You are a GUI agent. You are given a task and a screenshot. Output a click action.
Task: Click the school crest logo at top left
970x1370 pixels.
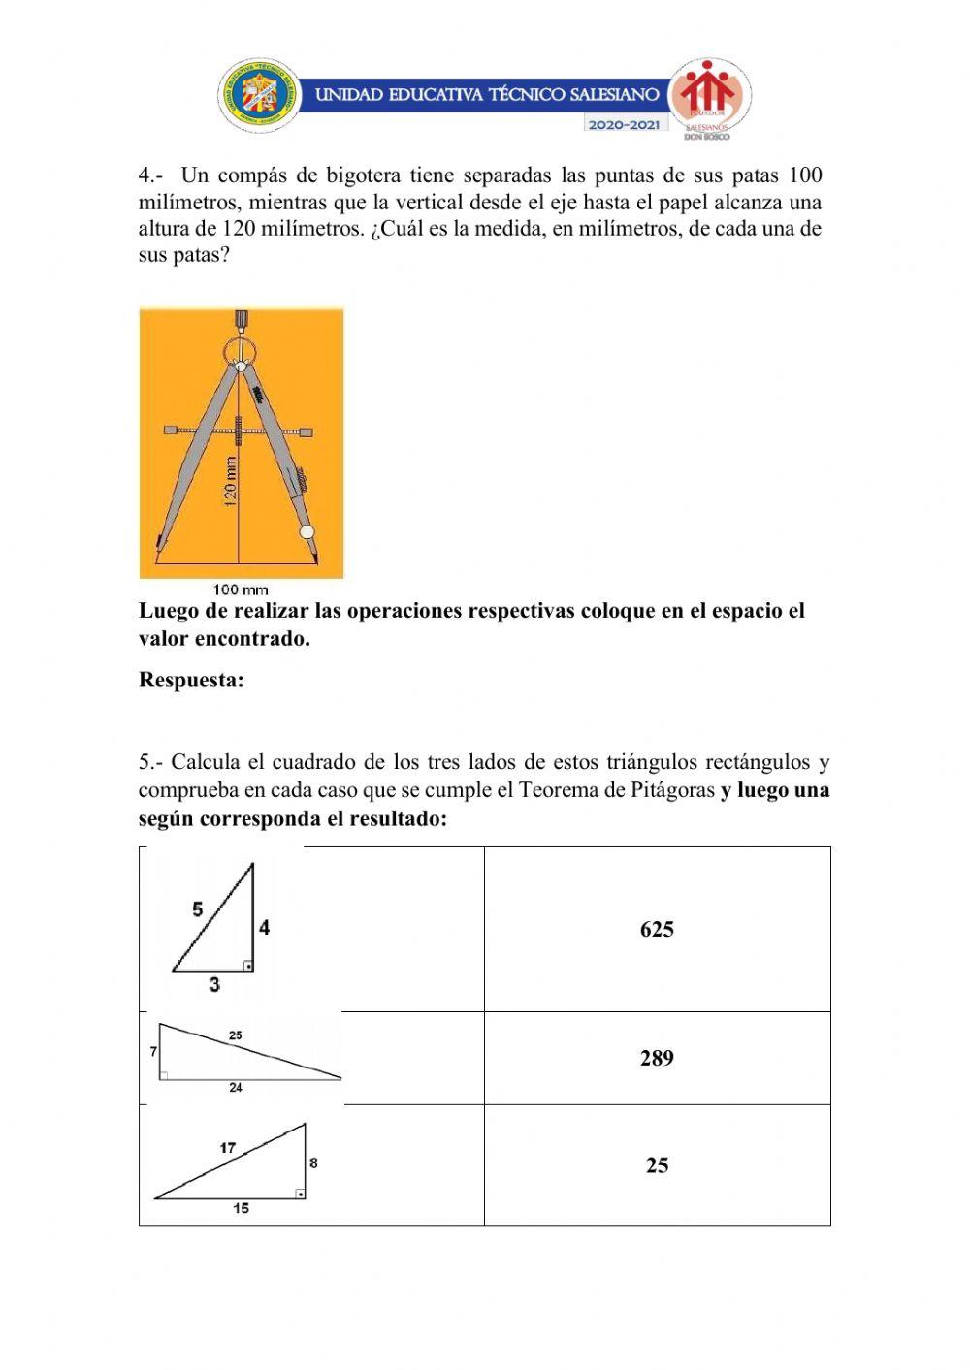pyautogui.click(x=260, y=96)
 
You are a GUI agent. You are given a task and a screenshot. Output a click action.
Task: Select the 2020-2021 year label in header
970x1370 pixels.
pyautogui.click(x=625, y=125)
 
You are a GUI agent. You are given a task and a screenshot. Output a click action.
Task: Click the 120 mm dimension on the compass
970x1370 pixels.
pyautogui.click(x=231, y=482)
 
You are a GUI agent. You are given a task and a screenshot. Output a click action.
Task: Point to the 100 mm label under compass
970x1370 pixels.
pyautogui.click(x=241, y=589)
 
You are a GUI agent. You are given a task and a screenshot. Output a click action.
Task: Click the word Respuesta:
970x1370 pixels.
pyautogui.click(x=191, y=680)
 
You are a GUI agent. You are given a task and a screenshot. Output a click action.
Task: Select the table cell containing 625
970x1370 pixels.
pyautogui.click(x=657, y=930)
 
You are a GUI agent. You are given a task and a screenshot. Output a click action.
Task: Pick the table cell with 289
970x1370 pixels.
pyautogui.click(x=657, y=1058)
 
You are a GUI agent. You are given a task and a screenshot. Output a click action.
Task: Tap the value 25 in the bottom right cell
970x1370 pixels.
pyautogui.click(x=657, y=1165)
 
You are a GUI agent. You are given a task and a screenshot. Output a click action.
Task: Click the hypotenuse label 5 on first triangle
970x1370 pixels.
pyautogui.click(x=198, y=909)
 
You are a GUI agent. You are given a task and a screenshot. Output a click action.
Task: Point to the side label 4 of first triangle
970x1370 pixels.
pyautogui.click(x=264, y=928)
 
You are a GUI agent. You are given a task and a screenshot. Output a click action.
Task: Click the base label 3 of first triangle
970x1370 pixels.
pyautogui.click(x=213, y=984)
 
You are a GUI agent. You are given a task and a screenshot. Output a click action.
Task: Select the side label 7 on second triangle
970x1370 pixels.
pyautogui.click(x=153, y=1051)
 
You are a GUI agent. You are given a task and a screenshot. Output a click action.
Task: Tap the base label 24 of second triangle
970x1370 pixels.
pyautogui.click(x=236, y=1088)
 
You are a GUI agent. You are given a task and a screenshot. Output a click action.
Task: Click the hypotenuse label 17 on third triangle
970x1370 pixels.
pyautogui.click(x=227, y=1148)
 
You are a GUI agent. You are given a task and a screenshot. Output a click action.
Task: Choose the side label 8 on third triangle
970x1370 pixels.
pyautogui.click(x=313, y=1163)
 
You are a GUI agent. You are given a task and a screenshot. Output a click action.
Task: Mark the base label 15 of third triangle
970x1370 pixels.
pyautogui.click(x=241, y=1208)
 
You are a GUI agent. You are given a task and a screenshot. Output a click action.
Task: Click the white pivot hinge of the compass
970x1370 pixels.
pyautogui.click(x=240, y=367)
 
